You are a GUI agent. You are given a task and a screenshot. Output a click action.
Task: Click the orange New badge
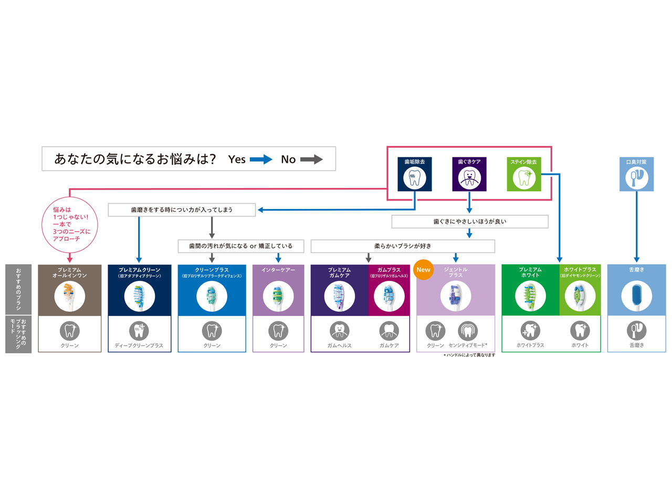(423, 270)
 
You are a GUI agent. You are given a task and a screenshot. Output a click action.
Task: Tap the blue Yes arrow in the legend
(261, 160)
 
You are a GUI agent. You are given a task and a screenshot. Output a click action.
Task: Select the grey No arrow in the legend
(311, 160)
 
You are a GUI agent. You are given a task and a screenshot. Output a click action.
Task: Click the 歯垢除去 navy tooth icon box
(415, 174)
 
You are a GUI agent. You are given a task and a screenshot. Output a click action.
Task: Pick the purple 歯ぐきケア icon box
(469, 174)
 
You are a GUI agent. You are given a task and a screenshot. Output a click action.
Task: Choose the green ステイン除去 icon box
(524, 174)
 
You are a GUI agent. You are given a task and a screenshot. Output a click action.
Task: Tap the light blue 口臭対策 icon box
(637, 174)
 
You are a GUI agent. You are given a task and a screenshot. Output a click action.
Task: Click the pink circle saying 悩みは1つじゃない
(70, 224)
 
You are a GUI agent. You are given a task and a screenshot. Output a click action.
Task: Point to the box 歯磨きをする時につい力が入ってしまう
(182, 209)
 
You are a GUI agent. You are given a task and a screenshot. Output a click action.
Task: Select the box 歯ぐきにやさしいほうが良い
(470, 222)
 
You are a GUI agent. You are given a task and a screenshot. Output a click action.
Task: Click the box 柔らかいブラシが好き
(403, 246)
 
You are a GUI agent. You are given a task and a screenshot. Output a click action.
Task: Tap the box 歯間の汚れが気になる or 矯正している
(241, 246)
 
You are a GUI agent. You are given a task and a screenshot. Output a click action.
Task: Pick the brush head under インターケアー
(278, 296)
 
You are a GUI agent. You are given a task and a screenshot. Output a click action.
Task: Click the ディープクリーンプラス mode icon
(139, 330)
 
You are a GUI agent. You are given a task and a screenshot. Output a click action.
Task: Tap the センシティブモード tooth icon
(467, 330)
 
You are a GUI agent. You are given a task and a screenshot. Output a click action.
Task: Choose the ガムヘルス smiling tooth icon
(339, 330)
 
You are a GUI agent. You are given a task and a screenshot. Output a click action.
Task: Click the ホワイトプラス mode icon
(530, 330)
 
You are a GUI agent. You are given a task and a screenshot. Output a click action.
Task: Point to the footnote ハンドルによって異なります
(469, 355)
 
